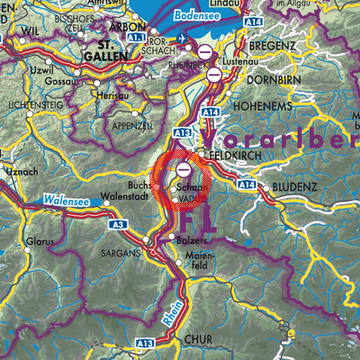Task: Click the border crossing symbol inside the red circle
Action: (184, 168)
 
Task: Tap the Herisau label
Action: (113, 92)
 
